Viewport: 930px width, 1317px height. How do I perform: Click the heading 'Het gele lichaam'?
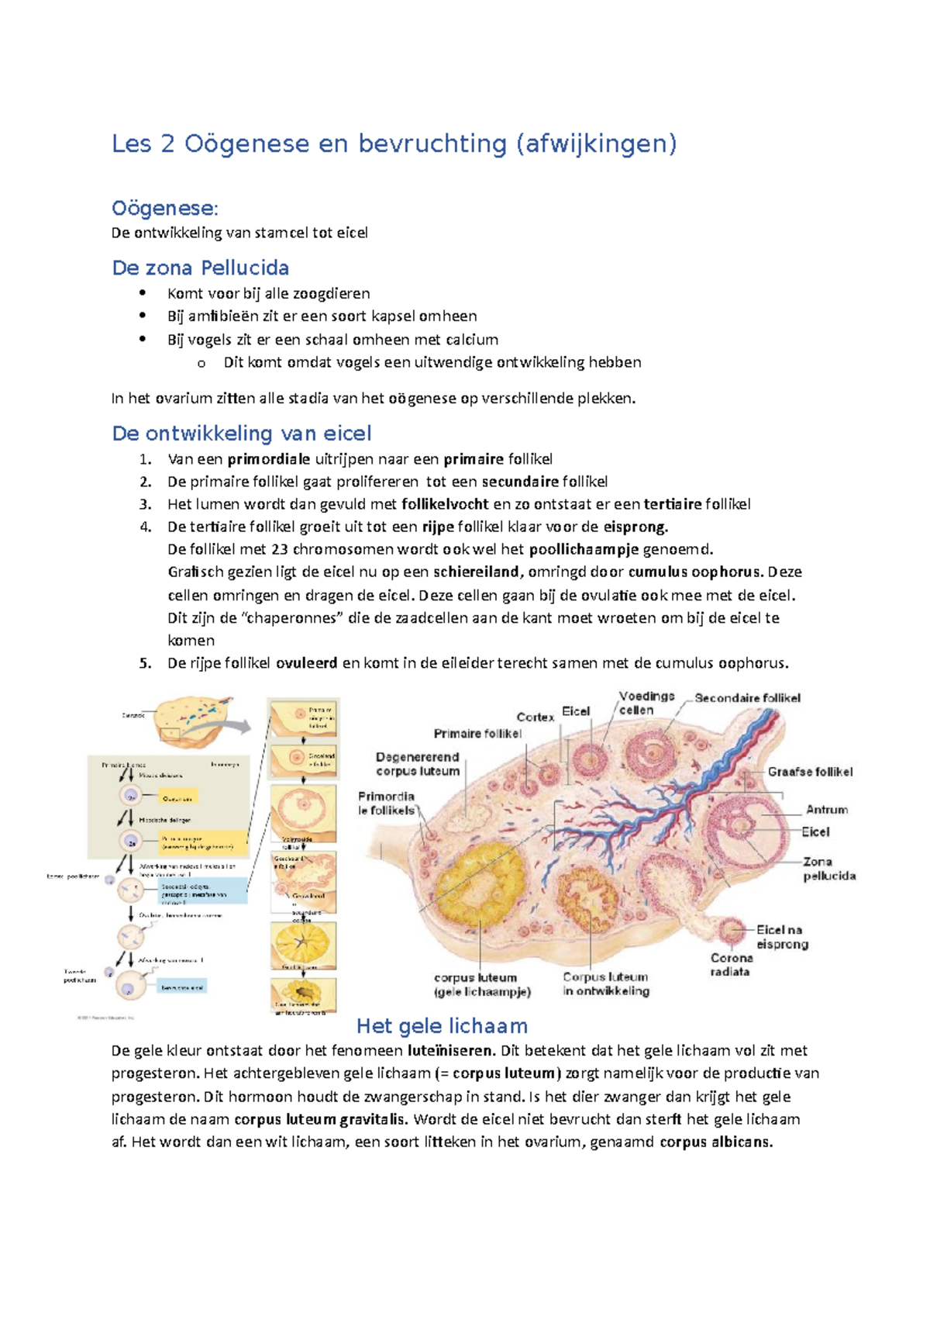coord(442,1026)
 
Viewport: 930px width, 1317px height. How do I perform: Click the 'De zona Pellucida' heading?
coord(200,268)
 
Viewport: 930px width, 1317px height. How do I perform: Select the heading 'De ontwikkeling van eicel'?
coord(242,433)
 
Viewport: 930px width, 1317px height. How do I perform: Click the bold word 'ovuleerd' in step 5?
coord(307,663)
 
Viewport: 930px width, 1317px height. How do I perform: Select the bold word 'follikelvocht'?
coord(446,504)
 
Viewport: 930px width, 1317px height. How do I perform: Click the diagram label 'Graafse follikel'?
coord(810,772)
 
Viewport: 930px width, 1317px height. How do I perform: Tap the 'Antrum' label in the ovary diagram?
coord(827,810)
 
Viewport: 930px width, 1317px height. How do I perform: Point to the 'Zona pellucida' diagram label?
coord(828,869)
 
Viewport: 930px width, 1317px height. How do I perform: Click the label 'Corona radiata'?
coord(731,965)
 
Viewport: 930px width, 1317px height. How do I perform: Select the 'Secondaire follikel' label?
coord(747,698)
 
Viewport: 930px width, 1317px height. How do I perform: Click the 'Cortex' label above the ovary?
coord(536,717)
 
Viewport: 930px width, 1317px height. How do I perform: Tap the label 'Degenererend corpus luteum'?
coord(418,764)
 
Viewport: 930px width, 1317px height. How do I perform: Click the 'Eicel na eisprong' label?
coord(782,937)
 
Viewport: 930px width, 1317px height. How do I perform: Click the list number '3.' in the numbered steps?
coord(146,504)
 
